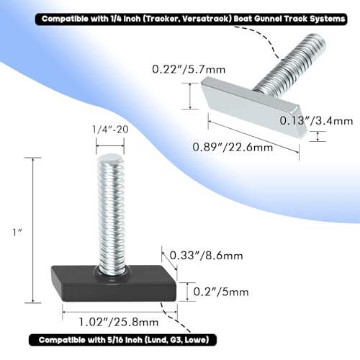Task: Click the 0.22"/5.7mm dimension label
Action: tap(189, 70)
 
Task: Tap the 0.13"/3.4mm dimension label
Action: tap(316, 121)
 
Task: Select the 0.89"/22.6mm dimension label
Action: tap(233, 147)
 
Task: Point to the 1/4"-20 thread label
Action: tap(110, 130)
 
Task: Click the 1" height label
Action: tap(17, 233)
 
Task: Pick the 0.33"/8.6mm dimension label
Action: tap(206, 256)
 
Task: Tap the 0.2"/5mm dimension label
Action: tap(221, 292)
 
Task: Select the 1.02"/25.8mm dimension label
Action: tap(119, 322)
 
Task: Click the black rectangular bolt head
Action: tap(114, 283)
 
